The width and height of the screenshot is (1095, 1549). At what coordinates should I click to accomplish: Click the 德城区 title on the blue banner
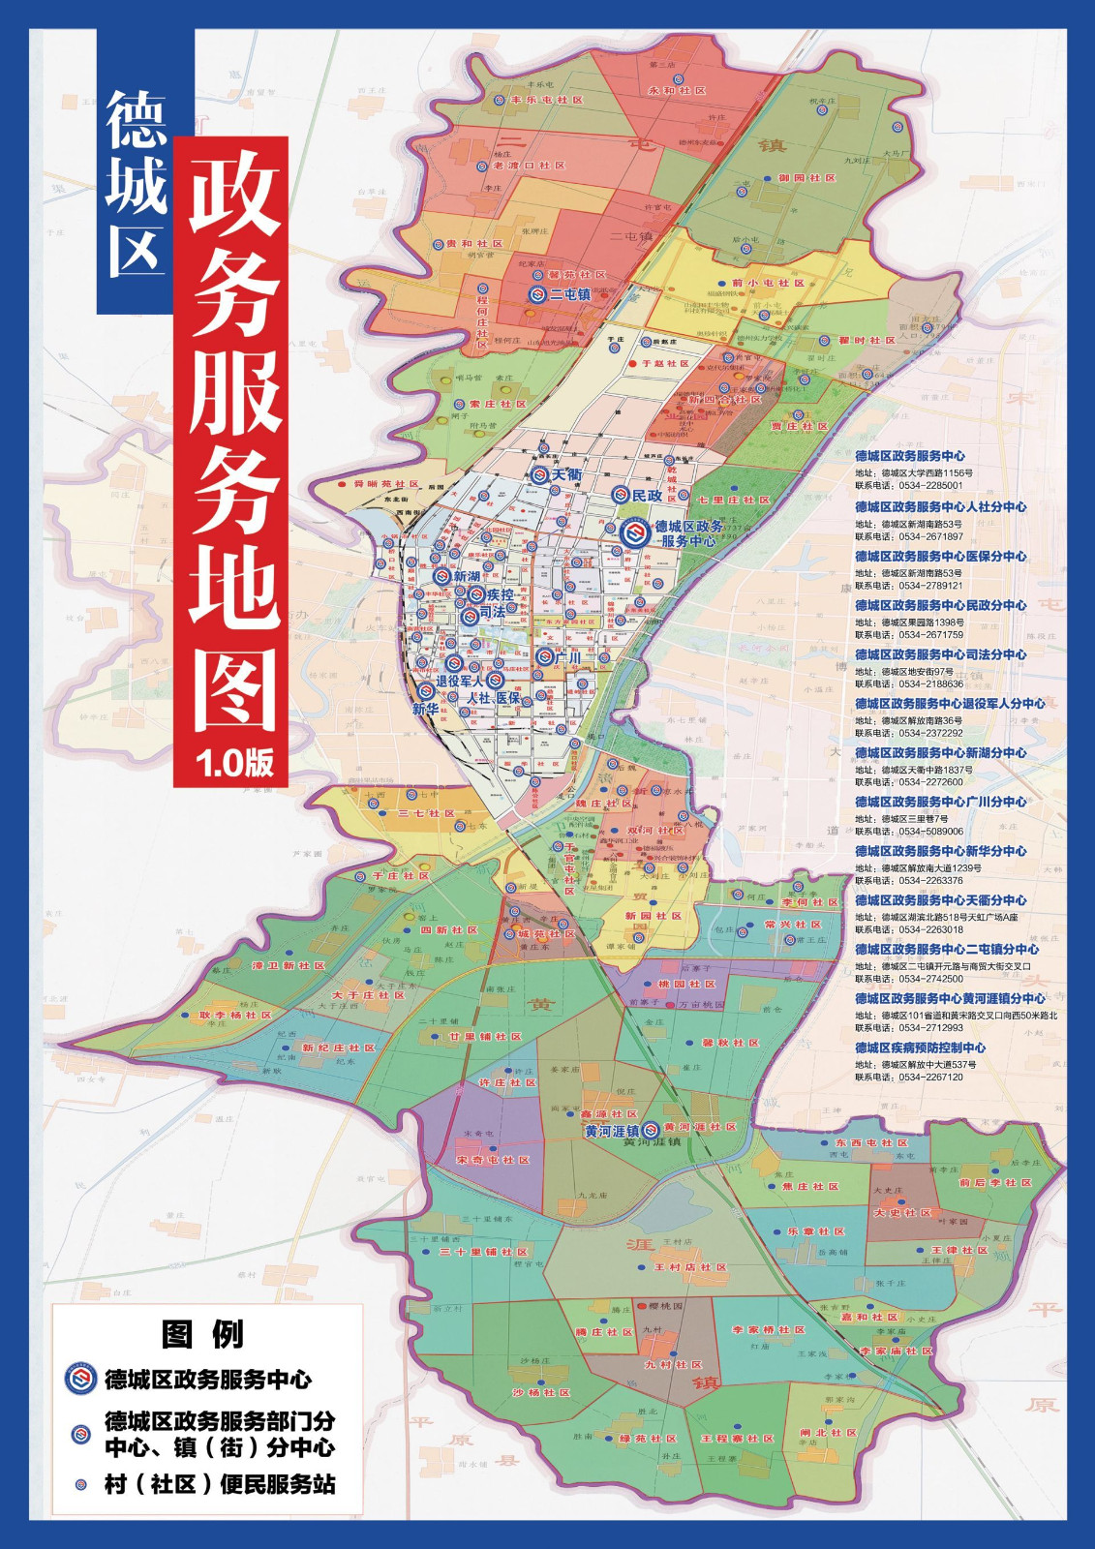tap(135, 184)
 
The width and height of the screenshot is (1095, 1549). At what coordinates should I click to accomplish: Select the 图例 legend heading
tap(203, 1334)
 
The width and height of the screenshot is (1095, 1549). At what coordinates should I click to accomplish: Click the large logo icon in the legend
tap(81, 1380)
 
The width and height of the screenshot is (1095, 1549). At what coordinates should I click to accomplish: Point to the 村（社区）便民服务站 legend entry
tap(220, 1484)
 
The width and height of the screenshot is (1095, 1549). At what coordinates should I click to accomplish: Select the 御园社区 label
tap(806, 178)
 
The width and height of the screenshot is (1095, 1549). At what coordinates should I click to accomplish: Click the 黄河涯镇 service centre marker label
tap(611, 1131)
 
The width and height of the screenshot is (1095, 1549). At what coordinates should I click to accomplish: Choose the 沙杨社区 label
tap(542, 1392)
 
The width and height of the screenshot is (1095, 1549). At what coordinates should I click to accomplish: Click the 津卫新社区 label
tap(288, 966)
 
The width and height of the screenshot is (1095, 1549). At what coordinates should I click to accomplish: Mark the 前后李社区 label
tap(994, 1182)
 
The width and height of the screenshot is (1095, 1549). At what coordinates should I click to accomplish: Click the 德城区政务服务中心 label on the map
tap(687, 533)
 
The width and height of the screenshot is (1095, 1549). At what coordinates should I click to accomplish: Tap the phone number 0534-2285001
tap(930, 486)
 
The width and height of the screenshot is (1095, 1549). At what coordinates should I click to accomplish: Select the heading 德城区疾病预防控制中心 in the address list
tap(920, 1048)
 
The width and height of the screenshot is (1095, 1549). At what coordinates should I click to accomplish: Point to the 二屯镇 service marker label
tap(569, 294)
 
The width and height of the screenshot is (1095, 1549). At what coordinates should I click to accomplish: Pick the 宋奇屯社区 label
tap(493, 1160)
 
